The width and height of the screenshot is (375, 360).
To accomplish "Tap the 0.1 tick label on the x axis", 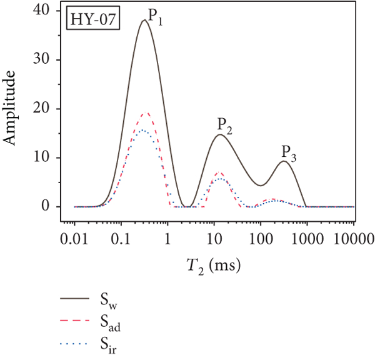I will (121, 238).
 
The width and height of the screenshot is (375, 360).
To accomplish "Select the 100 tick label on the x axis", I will (261, 238).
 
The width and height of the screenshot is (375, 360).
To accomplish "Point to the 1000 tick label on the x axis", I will (307, 238).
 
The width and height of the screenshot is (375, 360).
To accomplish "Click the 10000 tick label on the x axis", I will (351, 238).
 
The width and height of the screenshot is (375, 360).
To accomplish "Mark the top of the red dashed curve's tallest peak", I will (146, 113).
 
